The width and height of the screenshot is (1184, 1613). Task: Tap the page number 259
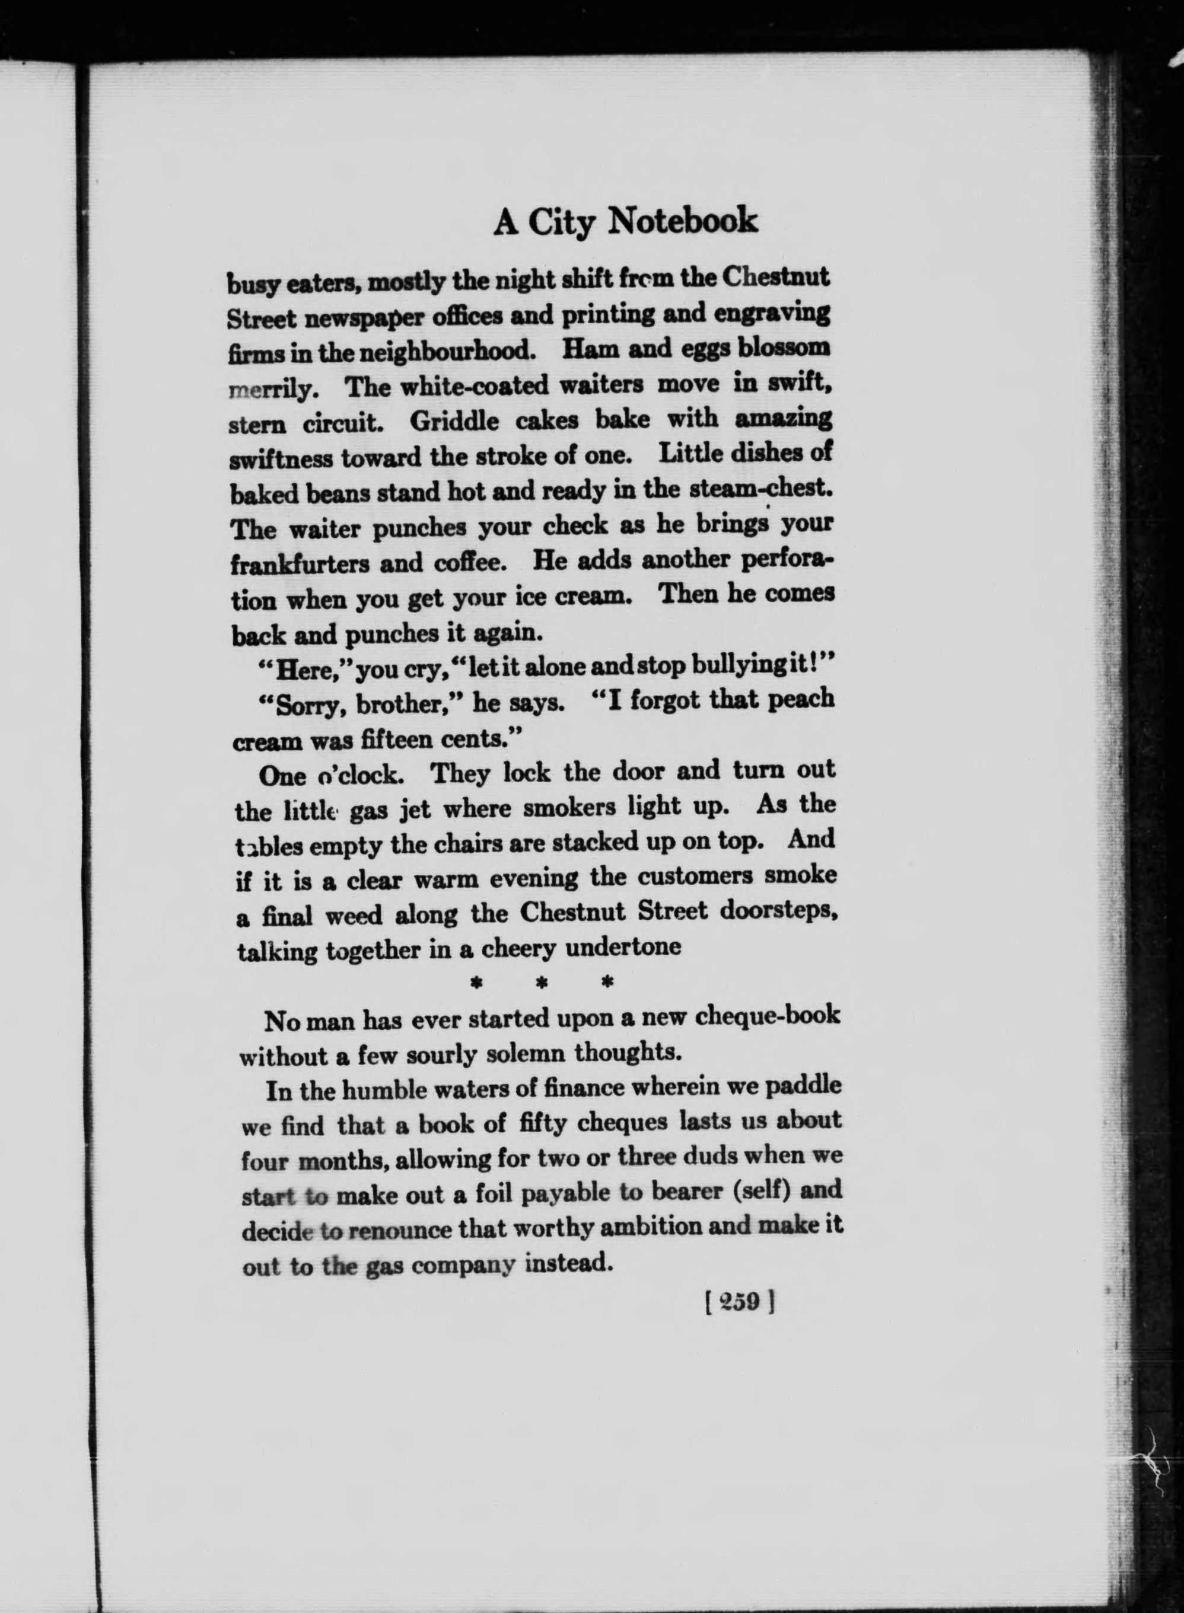click(741, 1300)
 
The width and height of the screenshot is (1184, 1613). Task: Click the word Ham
click(585, 348)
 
